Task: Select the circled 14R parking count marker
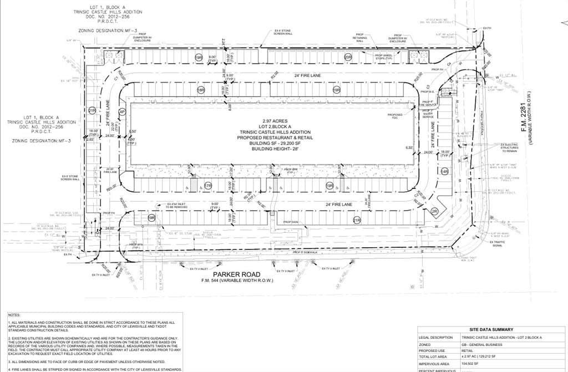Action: [x=444, y=172]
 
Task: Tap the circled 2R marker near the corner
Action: [x=435, y=212]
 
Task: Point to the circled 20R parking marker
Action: [x=348, y=57]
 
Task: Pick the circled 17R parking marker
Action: [x=208, y=186]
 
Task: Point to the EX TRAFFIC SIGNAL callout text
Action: [x=496, y=243]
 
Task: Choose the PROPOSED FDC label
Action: [x=395, y=116]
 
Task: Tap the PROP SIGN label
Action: [x=291, y=222]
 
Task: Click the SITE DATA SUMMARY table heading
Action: [x=490, y=329]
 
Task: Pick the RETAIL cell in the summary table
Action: [x=467, y=351]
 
